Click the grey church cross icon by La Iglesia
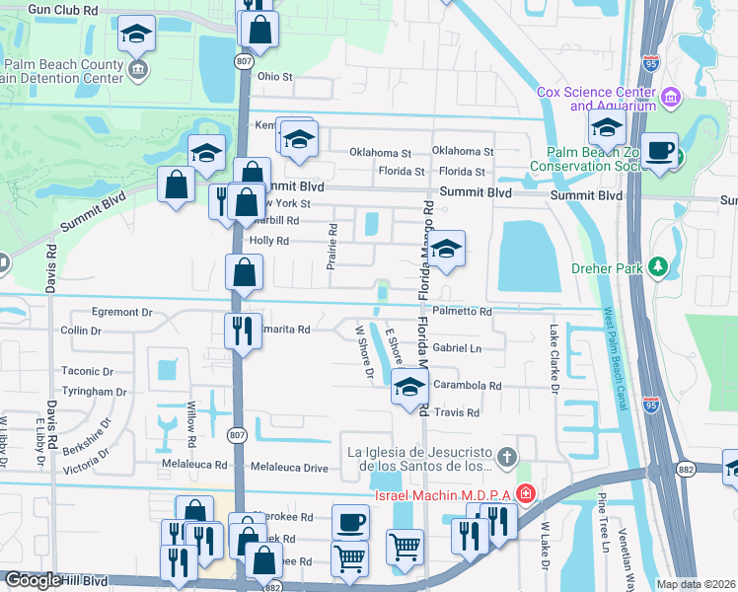click(507, 456)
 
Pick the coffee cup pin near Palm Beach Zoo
click(659, 152)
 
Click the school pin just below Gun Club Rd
click(135, 36)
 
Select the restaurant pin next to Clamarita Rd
click(242, 330)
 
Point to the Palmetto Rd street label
click(462, 311)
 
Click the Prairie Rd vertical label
click(332, 247)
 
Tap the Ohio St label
click(275, 76)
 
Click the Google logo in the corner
click(32, 580)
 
